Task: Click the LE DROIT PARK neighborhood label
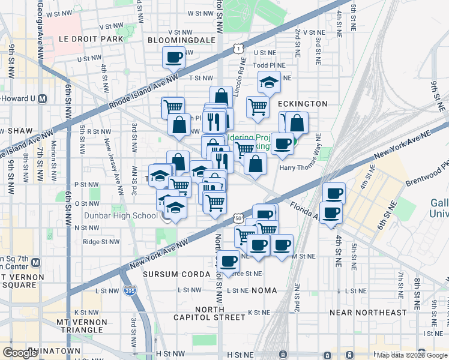click(91, 39)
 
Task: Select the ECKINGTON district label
click(303, 104)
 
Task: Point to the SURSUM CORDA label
click(169, 274)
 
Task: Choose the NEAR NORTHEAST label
click(368, 313)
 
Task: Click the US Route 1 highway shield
click(239, 47)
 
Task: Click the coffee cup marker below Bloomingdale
click(173, 58)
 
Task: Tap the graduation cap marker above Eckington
click(269, 82)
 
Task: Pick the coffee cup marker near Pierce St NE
click(228, 261)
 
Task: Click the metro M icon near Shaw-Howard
click(42, 98)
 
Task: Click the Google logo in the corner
click(20, 353)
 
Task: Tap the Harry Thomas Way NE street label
click(306, 167)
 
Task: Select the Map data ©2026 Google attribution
click(412, 355)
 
